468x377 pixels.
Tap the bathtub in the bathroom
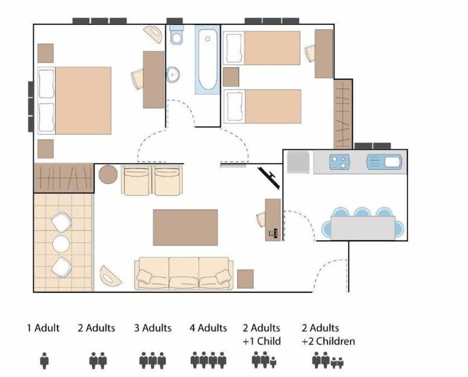pyautogui.click(x=207, y=60)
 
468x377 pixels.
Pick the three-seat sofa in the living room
pyautogui.click(x=183, y=273)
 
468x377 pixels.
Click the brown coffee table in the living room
pyautogui.click(x=185, y=227)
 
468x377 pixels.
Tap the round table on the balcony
pyautogui.click(x=61, y=244)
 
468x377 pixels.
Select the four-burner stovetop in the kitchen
pyautogui.click(x=340, y=162)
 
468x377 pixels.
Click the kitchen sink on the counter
pyautogui.click(x=384, y=162)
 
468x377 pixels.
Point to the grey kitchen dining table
pyautogui.click(x=363, y=228)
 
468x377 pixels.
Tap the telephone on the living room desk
pyautogui.click(x=273, y=232)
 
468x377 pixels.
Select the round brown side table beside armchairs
pyautogui.click(x=108, y=174)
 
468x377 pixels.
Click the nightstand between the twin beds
pyautogui.click(x=231, y=77)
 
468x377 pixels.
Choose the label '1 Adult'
pyautogui.click(x=44, y=328)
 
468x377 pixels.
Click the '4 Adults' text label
pyautogui.click(x=208, y=328)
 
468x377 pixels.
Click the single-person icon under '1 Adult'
pyautogui.click(x=44, y=361)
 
